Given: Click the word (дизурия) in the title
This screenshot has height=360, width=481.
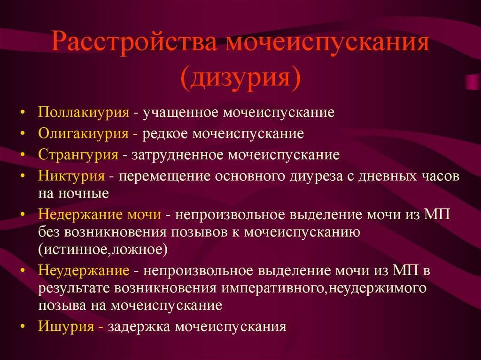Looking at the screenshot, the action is click(240, 77).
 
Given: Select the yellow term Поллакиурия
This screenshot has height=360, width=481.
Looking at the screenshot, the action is click(84, 113).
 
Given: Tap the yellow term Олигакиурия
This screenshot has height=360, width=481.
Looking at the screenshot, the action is click(84, 134).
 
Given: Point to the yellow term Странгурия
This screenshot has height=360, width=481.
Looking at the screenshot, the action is click(78, 155).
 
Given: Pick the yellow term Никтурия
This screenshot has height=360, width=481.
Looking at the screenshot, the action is click(71, 176).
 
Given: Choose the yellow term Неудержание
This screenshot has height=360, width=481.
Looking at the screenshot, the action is click(84, 271).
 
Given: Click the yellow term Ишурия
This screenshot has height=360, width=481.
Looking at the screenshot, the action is click(66, 327).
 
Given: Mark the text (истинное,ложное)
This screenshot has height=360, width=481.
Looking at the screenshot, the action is click(103, 250).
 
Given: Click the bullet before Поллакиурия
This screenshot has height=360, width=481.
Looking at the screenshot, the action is click(22, 113).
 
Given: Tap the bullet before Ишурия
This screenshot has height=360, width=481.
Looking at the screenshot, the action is click(22, 327).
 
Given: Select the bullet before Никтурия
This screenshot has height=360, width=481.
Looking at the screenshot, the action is click(22, 176).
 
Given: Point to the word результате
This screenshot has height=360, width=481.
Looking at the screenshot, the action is click(74, 289).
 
